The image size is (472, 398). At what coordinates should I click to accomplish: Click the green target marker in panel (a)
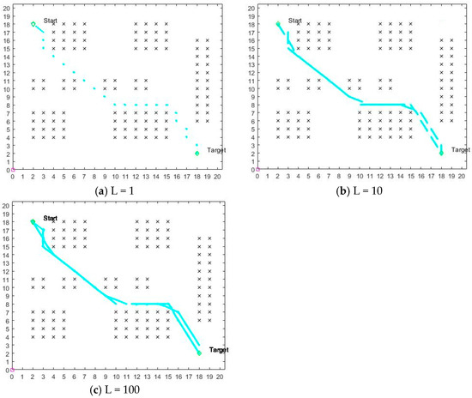[197, 154]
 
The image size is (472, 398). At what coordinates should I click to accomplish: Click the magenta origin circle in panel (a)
[13, 169]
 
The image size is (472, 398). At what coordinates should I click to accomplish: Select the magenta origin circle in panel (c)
[13, 370]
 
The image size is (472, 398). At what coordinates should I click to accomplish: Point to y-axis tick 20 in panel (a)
[6, 9]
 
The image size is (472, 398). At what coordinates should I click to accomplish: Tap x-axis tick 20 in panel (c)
[220, 377]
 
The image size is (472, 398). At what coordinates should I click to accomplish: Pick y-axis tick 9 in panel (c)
[8, 297]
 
